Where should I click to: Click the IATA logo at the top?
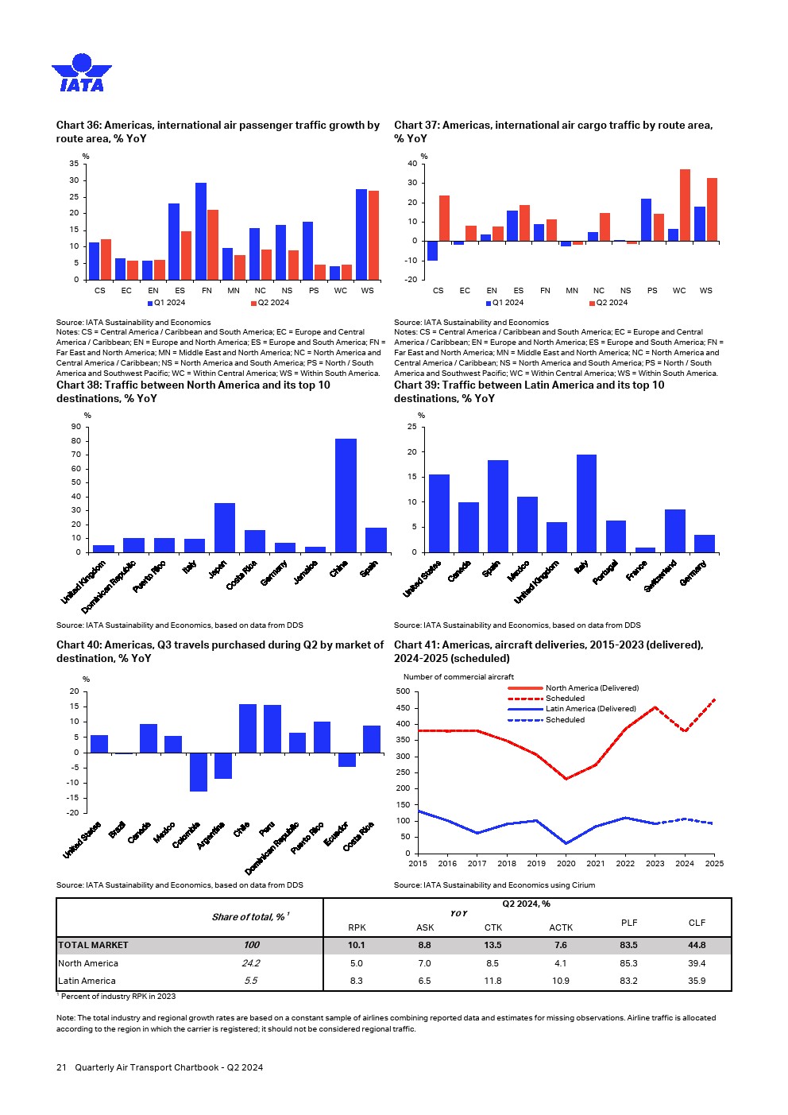(82, 73)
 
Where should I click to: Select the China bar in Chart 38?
(346, 495)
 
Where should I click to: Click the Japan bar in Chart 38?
(225, 528)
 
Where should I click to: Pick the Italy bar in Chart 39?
(586, 503)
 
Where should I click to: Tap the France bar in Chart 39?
(645, 550)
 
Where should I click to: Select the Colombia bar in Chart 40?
(198, 772)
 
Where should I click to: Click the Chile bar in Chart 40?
(247, 728)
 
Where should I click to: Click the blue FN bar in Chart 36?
(201, 231)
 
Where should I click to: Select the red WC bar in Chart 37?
(685, 205)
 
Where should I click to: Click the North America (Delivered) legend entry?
(592, 688)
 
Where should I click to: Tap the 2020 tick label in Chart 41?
(566, 864)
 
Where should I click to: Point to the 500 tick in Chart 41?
(403, 691)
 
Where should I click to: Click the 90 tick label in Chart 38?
(76, 428)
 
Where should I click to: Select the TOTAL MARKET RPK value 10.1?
(357, 945)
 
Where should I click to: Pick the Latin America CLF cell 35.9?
(697, 981)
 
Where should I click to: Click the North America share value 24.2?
(250, 963)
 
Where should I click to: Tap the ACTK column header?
(561, 927)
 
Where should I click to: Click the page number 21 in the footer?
(61, 1067)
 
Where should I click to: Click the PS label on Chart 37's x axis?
(652, 291)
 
